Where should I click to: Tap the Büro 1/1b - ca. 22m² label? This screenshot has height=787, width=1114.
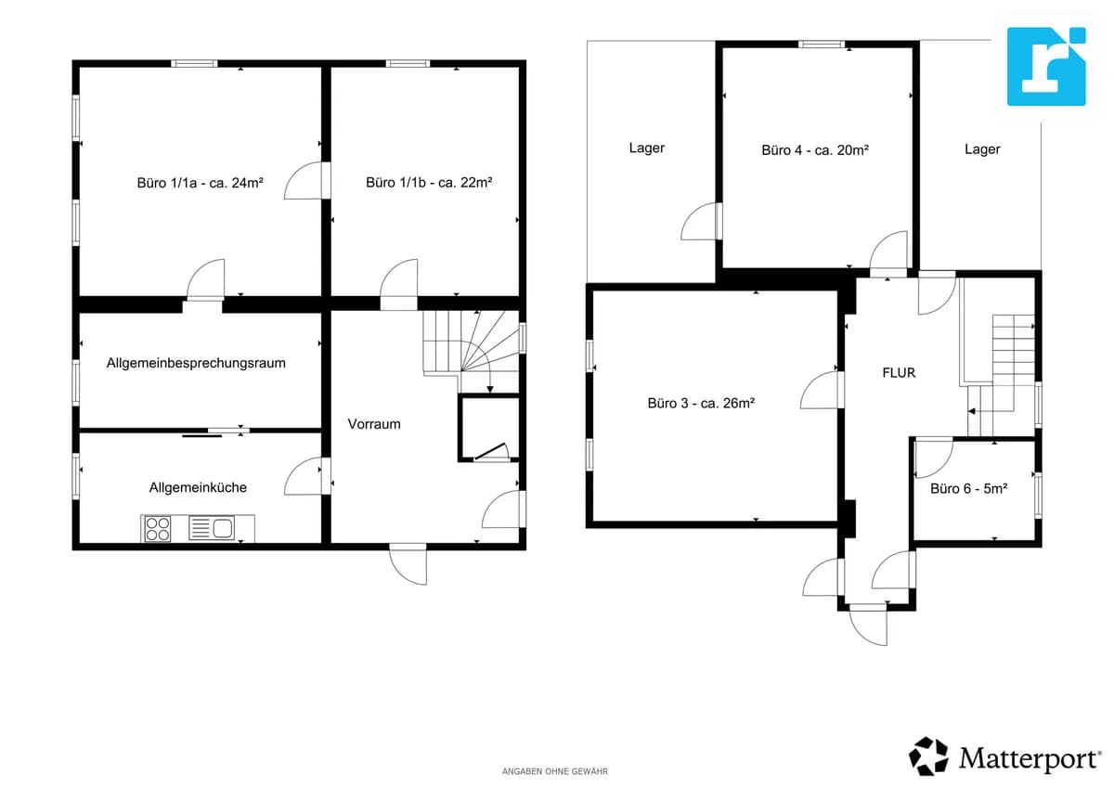point(429,183)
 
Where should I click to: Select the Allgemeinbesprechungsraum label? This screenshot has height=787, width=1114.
point(196,364)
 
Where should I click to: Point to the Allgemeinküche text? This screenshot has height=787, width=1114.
point(198,487)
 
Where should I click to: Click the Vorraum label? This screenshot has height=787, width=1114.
point(374,424)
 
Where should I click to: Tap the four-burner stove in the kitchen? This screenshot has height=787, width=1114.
point(157,528)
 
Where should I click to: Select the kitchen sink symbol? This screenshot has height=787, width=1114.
point(212,528)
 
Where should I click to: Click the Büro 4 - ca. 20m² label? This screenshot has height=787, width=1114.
point(815,150)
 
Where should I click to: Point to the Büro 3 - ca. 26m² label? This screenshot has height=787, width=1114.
point(701,403)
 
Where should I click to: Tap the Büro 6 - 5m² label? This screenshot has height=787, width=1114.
point(969,489)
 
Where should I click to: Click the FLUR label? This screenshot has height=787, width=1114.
point(899,373)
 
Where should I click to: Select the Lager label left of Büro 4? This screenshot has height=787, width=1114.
point(646,148)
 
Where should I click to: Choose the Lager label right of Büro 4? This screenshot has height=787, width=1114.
point(982,149)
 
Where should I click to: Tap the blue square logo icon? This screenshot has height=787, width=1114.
point(1046,67)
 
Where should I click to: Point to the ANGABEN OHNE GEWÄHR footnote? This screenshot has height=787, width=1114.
point(555,771)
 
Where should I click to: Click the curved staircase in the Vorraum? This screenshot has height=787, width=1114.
point(471,351)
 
